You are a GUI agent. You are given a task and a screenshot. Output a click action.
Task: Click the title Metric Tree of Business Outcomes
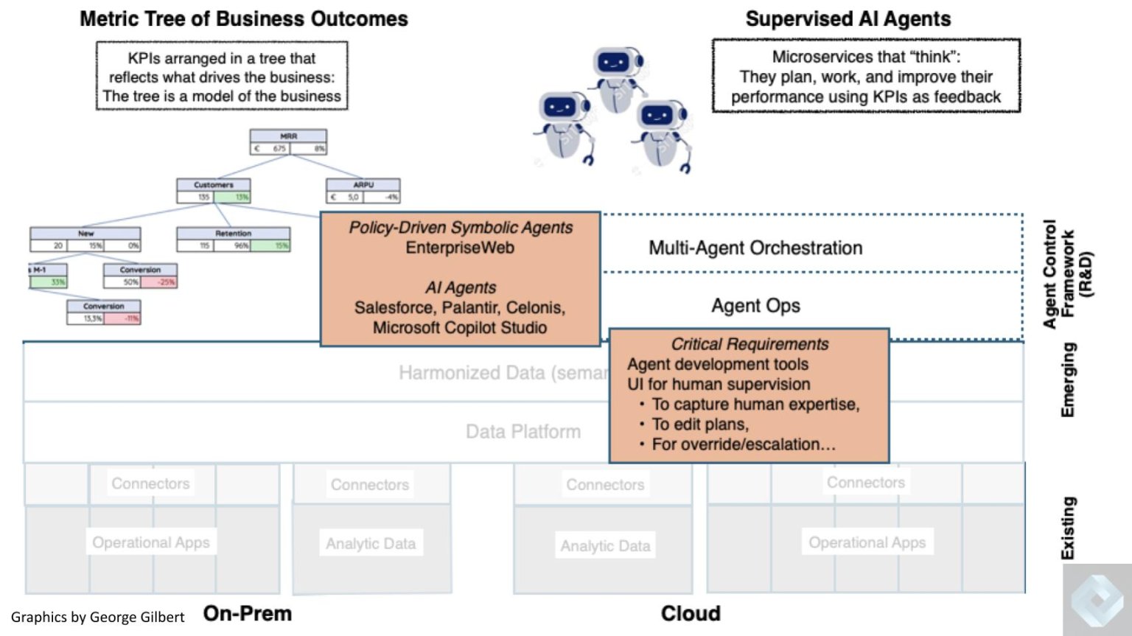click(243, 19)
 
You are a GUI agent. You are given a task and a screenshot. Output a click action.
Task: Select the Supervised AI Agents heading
click(848, 19)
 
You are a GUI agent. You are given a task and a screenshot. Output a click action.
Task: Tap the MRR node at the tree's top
click(288, 141)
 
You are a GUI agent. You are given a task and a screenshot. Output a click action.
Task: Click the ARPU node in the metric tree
click(363, 191)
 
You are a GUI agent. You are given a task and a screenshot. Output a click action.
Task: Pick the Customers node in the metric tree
click(214, 191)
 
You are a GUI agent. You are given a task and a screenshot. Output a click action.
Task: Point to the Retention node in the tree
click(233, 240)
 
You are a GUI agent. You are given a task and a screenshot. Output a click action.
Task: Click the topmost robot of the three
click(617, 74)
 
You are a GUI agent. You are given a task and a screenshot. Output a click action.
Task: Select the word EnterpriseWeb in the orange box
click(460, 248)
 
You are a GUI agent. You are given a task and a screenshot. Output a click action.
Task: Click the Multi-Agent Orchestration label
click(755, 248)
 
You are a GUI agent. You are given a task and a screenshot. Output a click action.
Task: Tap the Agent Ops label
click(755, 305)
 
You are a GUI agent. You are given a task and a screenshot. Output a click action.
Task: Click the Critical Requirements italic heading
click(749, 344)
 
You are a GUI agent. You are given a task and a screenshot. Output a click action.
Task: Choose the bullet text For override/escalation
click(743, 444)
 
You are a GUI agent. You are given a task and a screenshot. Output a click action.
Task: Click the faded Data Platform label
click(523, 432)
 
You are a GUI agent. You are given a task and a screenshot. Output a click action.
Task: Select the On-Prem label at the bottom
click(248, 613)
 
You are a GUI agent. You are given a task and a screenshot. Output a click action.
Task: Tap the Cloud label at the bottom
click(691, 613)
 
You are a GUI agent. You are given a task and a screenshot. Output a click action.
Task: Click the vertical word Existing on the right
click(1067, 528)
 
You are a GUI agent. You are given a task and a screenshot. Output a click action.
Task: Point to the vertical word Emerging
click(1067, 380)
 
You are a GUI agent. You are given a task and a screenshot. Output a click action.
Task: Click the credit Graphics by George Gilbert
click(97, 618)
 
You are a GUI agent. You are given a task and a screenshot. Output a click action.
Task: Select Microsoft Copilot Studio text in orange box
click(460, 328)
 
